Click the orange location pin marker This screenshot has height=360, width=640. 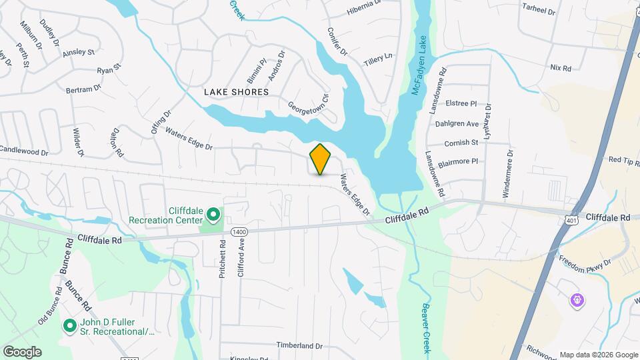coord(320,159)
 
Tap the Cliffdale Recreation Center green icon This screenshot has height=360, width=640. coord(213,214)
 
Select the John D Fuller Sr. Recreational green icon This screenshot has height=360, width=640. coord(69,326)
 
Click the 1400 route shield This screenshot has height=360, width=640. coord(239,231)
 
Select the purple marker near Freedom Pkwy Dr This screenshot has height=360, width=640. coord(577,301)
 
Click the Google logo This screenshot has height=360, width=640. coord(22,351)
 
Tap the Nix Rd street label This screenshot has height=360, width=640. coord(561,68)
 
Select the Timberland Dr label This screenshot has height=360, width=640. coord(299,346)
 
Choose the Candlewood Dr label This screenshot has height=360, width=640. coord(24,152)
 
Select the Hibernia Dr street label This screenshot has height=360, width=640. coord(363,11)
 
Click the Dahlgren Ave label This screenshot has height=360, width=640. coord(463,123)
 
